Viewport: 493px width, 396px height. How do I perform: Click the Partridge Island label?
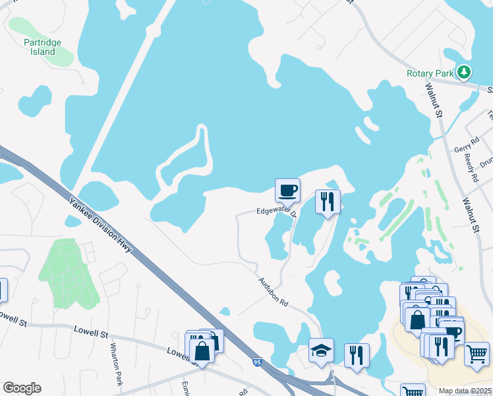pos(42,47)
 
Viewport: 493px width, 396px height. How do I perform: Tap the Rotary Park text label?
pos(430,73)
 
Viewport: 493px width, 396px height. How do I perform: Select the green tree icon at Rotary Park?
pos(465,71)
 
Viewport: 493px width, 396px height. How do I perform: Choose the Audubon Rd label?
pos(273,292)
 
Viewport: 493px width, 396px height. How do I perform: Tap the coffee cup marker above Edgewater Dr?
pos(287,191)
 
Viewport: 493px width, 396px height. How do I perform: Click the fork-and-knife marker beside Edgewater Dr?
pos(328,201)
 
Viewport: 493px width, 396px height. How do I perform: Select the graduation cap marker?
pos(321,350)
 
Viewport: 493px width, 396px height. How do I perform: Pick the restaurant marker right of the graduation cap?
pos(357,355)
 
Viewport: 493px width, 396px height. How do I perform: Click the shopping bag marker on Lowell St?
pos(202,350)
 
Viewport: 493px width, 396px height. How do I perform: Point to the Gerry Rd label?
pos(464,149)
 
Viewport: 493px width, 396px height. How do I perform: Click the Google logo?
pos(22,388)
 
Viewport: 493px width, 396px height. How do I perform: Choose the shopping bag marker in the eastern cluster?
pos(417,320)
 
